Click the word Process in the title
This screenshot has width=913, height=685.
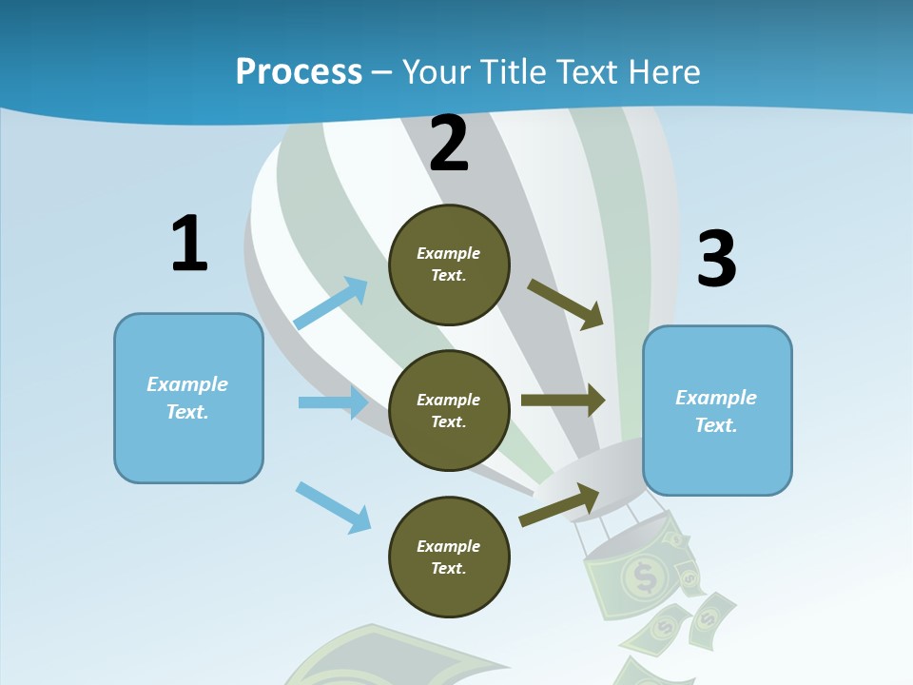(299, 72)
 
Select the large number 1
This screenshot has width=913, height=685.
(188, 245)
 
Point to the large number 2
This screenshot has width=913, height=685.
(449, 145)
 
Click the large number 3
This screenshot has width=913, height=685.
(716, 260)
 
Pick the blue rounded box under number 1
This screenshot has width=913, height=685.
(188, 398)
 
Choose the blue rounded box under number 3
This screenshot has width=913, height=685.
(717, 411)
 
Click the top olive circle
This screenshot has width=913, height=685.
(449, 264)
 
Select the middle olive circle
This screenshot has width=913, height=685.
(449, 411)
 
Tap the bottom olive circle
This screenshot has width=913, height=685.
(449, 558)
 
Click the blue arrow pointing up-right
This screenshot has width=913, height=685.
(332, 303)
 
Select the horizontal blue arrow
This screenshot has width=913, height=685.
(333, 402)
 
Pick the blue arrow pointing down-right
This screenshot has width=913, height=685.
(334, 507)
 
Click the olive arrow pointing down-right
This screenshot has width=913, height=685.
(567, 303)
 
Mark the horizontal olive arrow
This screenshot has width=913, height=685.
(563, 400)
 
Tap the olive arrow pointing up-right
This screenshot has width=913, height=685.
(560, 504)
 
